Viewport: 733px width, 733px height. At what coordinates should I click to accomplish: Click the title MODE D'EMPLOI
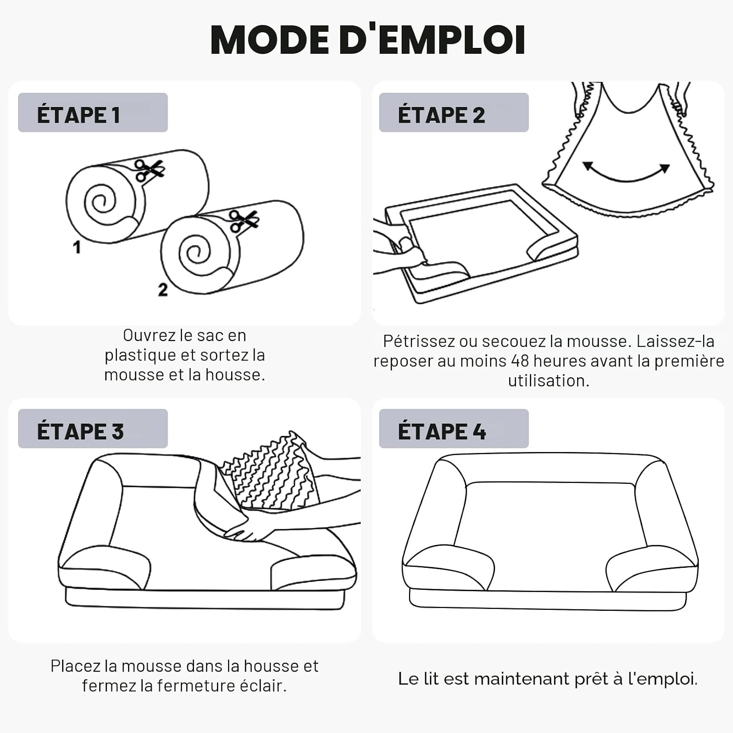368,39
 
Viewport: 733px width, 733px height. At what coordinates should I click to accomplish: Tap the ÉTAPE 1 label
78,115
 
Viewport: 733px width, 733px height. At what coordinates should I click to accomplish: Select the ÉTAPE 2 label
441,115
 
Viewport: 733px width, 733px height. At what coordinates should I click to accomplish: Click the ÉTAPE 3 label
80,431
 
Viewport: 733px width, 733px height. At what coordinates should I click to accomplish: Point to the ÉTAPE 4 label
442,431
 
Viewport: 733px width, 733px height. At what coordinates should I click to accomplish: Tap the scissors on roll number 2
243,221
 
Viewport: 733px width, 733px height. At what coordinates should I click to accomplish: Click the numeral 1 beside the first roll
77,247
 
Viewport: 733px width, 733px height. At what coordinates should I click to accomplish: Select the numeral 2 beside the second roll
163,290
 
